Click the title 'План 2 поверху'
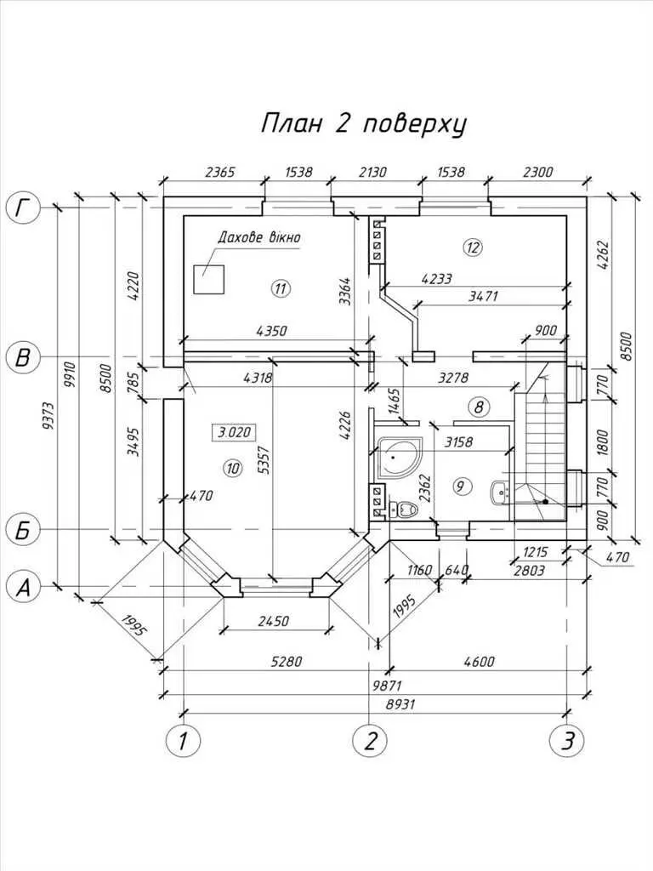coord(363,124)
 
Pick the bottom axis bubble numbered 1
coord(181,741)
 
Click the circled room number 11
coord(281,287)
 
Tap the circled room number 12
coord(473,248)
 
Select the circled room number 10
coord(233,466)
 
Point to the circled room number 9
coord(461,487)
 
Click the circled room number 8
coord(480,407)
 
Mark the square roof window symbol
coord(208,280)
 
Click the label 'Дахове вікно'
coord(259,237)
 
